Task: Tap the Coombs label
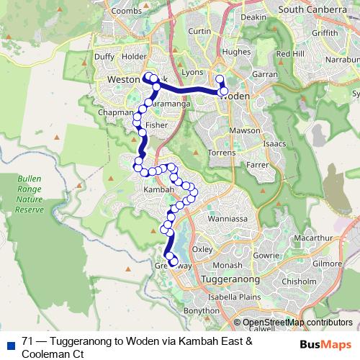[x=125, y=11]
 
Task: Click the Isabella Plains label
[x=233, y=296]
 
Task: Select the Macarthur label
[x=310, y=237]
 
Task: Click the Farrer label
[x=258, y=165]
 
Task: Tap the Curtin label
[x=199, y=31]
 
